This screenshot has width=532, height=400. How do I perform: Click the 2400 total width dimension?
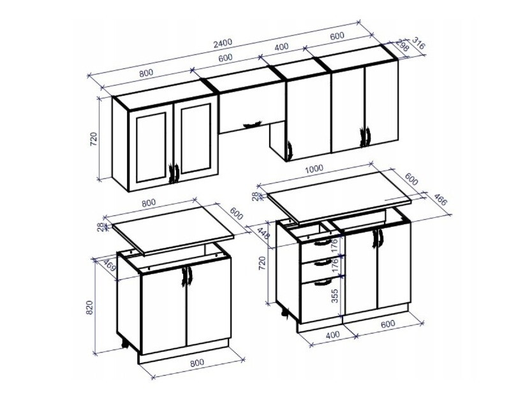[223, 42]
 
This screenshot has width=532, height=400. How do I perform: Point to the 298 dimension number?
[403, 46]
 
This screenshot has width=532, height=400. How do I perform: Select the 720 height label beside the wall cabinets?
[93, 139]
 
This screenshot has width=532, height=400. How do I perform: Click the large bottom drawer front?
[320, 299]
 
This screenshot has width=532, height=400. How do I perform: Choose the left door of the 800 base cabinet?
[162, 310]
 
